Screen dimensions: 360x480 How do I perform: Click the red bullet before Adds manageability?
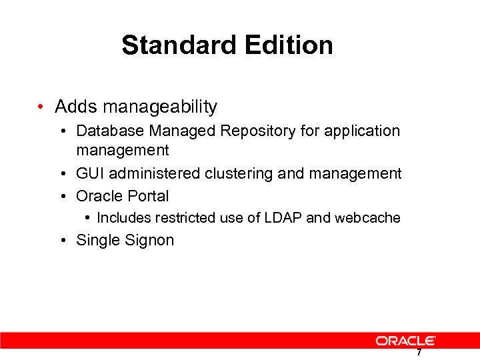coord(41,107)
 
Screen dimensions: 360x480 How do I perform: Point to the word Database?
coord(108,131)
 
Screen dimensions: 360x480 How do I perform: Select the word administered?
coord(155,174)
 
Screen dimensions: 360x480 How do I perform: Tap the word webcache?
coord(367,218)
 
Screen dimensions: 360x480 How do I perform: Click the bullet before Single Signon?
coord(62,240)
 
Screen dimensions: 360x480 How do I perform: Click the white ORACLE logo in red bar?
coord(406,341)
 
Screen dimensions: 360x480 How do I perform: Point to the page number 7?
coord(419,353)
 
